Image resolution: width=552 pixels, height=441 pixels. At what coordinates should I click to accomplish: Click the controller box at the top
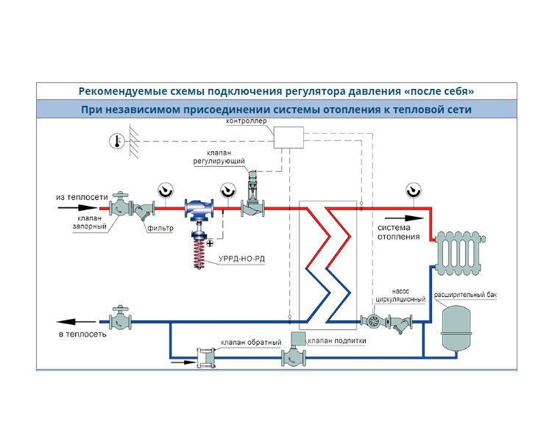tap(289, 137)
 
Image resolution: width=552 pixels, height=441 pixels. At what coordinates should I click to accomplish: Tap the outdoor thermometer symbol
tap(117, 141)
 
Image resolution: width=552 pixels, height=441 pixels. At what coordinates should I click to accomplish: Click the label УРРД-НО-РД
tap(241, 259)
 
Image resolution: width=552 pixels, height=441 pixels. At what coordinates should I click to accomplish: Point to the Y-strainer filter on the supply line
tap(144, 210)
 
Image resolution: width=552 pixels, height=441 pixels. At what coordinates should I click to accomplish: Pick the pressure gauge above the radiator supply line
tap(414, 190)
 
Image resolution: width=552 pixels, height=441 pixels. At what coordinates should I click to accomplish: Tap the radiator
tap(459, 253)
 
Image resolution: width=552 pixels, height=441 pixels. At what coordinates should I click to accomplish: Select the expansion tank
tap(456, 328)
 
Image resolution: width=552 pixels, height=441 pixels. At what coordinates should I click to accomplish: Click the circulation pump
tap(373, 320)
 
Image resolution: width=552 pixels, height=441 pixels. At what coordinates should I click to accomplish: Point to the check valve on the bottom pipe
tap(206, 358)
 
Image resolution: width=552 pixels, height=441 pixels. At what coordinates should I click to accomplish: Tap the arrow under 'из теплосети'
tap(77, 208)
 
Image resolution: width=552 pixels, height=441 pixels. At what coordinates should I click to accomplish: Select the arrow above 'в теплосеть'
tap(76, 321)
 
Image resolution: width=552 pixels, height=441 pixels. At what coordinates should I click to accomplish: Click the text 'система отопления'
tap(398, 232)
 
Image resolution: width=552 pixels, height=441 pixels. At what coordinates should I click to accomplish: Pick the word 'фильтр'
tap(160, 228)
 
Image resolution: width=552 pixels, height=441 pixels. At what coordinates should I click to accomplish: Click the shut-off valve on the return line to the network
tap(120, 318)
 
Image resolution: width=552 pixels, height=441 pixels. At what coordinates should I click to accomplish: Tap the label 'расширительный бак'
tap(465, 295)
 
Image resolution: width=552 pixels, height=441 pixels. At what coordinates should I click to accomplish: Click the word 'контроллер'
tap(247, 121)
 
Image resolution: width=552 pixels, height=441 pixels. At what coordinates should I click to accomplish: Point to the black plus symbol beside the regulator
tap(210, 243)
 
